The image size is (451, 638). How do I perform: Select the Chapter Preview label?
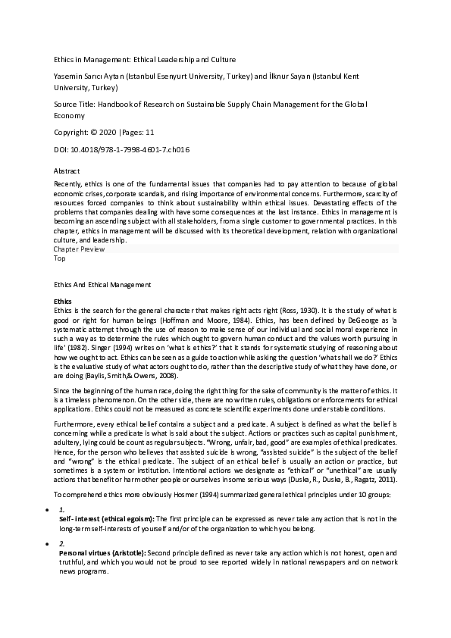tap(80, 249)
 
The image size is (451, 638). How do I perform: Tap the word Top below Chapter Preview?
tap(60, 258)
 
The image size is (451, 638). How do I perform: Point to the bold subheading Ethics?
tap(64, 302)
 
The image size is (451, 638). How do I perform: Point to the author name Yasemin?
tap(68, 77)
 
